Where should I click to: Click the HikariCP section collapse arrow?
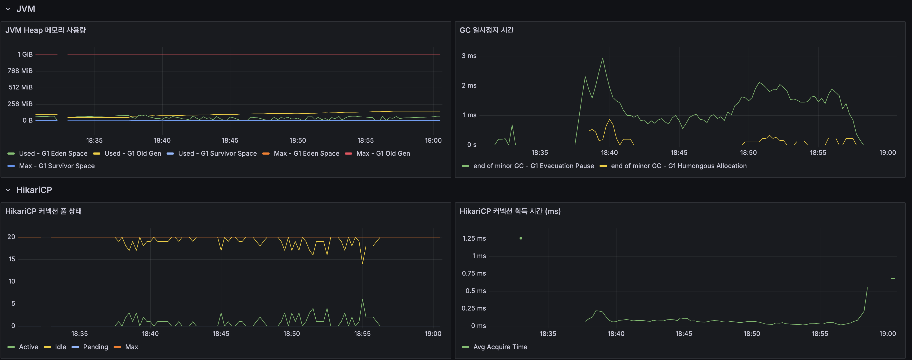point(8,190)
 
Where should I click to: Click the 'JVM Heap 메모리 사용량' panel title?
point(45,30)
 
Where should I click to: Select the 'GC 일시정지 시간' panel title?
point(486,30)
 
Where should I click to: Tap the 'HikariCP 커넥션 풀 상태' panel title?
point(43,211)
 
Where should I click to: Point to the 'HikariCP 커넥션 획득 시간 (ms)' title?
point(510,211)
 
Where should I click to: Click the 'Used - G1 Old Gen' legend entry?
point(132,153)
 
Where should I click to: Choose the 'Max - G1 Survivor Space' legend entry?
point(57,166)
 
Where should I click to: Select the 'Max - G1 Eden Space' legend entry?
point(306,153)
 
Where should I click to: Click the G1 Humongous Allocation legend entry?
point(678,166)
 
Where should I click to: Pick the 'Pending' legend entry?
point(95,347)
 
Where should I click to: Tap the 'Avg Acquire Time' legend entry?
point(500,347)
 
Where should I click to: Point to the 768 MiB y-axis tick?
point(20,71)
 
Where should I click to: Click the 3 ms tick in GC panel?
point(469,56)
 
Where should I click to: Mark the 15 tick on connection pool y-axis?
point(12,259)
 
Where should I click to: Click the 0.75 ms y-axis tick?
point(474,273)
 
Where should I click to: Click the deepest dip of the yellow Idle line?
point(362,263)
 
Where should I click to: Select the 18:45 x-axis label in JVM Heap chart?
point(230,141)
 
